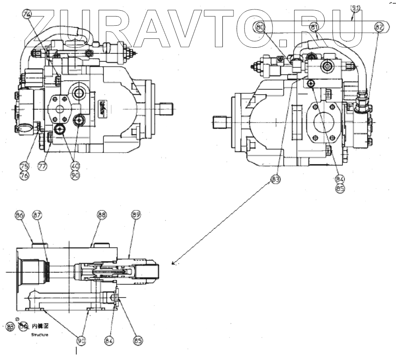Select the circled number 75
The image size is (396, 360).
point(25,167)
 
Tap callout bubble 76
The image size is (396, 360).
point(25,175)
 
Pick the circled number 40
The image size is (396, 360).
point(75,166)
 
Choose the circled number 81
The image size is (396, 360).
point(314,27)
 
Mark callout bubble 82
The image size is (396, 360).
point(379,27)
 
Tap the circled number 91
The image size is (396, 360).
point(356,7)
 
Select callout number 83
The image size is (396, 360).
point(276,180)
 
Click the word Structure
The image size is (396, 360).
point(40,335)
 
